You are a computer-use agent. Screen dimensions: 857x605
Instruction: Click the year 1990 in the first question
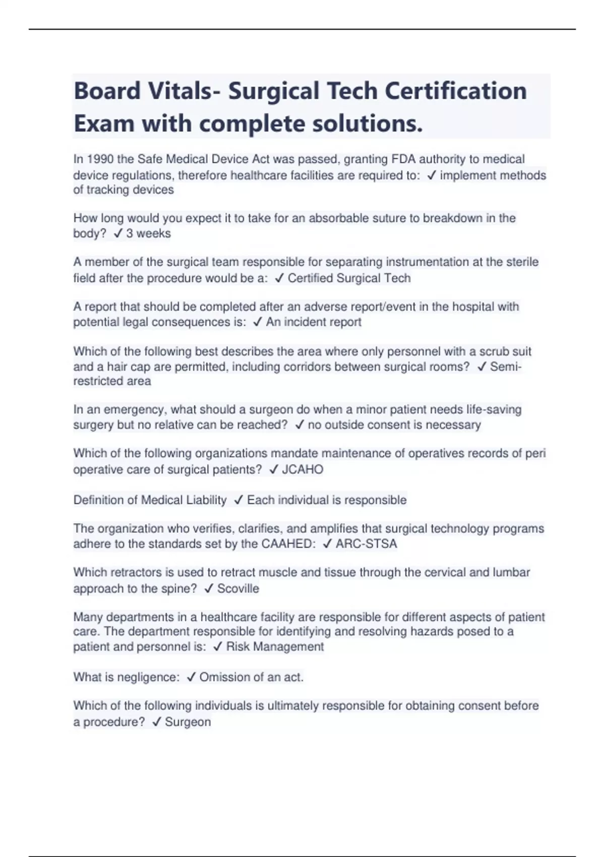point(100,159)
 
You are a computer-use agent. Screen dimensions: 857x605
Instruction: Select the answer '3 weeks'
point(148,233)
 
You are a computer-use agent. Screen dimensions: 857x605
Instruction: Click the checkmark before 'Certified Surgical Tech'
point(279,278)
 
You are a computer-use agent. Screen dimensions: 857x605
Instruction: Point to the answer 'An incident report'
point(313,322)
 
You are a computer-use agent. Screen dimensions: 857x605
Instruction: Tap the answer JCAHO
point(302,469)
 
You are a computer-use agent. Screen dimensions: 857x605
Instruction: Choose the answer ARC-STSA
point(366,544)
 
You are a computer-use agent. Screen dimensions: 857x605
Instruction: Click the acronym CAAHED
point(288,544)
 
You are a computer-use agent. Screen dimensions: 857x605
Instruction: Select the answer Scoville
point(238,588)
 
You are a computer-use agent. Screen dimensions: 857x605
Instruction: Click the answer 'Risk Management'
point(275,647)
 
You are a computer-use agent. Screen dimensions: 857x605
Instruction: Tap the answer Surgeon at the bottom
point(188,722)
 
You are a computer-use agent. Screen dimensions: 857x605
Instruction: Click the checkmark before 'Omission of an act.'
point(191,677)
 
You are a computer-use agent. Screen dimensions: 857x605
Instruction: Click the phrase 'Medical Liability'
point(184,500)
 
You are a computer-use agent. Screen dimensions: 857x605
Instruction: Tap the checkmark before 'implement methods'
point(431,175)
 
